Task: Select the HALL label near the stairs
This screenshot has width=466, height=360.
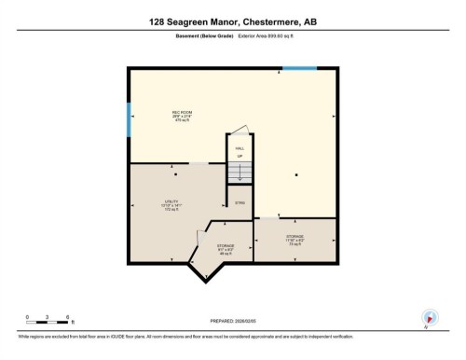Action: (239, 146)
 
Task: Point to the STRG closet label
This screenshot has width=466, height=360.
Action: (240, 202)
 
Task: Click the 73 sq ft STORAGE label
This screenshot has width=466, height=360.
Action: (295, 239)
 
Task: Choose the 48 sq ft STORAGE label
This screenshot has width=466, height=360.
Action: (226, 248)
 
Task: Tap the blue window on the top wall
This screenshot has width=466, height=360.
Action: (299, 68)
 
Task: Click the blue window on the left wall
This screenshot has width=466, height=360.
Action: (128, 119)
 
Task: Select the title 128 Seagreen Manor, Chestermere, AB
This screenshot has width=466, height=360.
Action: (233, 21)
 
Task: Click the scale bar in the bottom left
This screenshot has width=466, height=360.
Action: (48, 317)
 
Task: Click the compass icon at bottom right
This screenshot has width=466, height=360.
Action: (430, 317)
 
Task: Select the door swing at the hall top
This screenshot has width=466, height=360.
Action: (240, 132)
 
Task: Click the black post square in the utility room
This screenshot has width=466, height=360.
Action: (175, 174)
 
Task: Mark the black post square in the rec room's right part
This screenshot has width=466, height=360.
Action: (296, 174)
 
